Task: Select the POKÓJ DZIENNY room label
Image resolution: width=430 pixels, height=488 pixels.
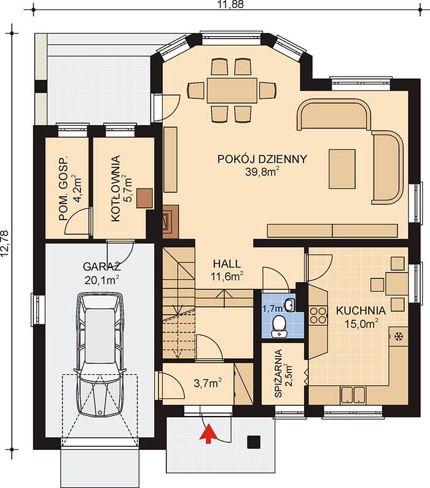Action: [x=262, y=159]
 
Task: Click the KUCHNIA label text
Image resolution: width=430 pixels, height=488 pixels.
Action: [x=361, y=310]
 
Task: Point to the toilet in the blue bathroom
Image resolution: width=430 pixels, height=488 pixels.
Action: [x=279, y=326]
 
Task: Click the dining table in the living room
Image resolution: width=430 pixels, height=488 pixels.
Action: [x=232, y=90]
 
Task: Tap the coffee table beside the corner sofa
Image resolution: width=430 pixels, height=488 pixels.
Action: [x=342, y=169]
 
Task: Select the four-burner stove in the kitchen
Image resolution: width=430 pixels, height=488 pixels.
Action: [x=318, y=315]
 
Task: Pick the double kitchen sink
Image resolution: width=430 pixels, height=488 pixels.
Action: [x=353, y=395]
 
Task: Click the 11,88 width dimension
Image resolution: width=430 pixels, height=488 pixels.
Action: [x=231, y=4]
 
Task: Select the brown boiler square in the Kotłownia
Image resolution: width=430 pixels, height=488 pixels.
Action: [x=145, y=199]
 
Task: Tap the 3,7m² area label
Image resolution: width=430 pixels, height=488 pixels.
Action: [x=208, y=383]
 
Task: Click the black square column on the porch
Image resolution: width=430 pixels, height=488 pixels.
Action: [x=254, y=442]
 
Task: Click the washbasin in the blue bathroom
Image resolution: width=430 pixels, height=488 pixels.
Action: [x=289, y=305]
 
